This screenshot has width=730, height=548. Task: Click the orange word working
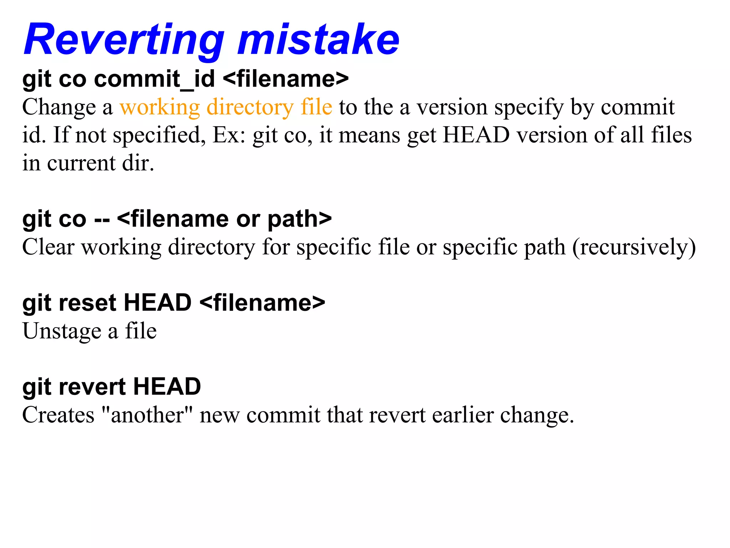coord(160,107)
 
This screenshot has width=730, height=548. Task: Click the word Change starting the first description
coord(59,107)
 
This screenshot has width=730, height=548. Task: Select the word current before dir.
coord(81,163)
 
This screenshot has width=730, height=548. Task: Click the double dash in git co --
coord(102,219)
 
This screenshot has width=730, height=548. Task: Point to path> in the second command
coord(299,219)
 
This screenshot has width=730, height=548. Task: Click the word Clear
coord(48,247)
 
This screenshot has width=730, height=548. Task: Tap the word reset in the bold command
coord(87,303)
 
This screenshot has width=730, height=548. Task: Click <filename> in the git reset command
coord(262,303)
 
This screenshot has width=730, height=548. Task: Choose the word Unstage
coord(62,331)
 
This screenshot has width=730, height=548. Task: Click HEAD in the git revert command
coord(167,387)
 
